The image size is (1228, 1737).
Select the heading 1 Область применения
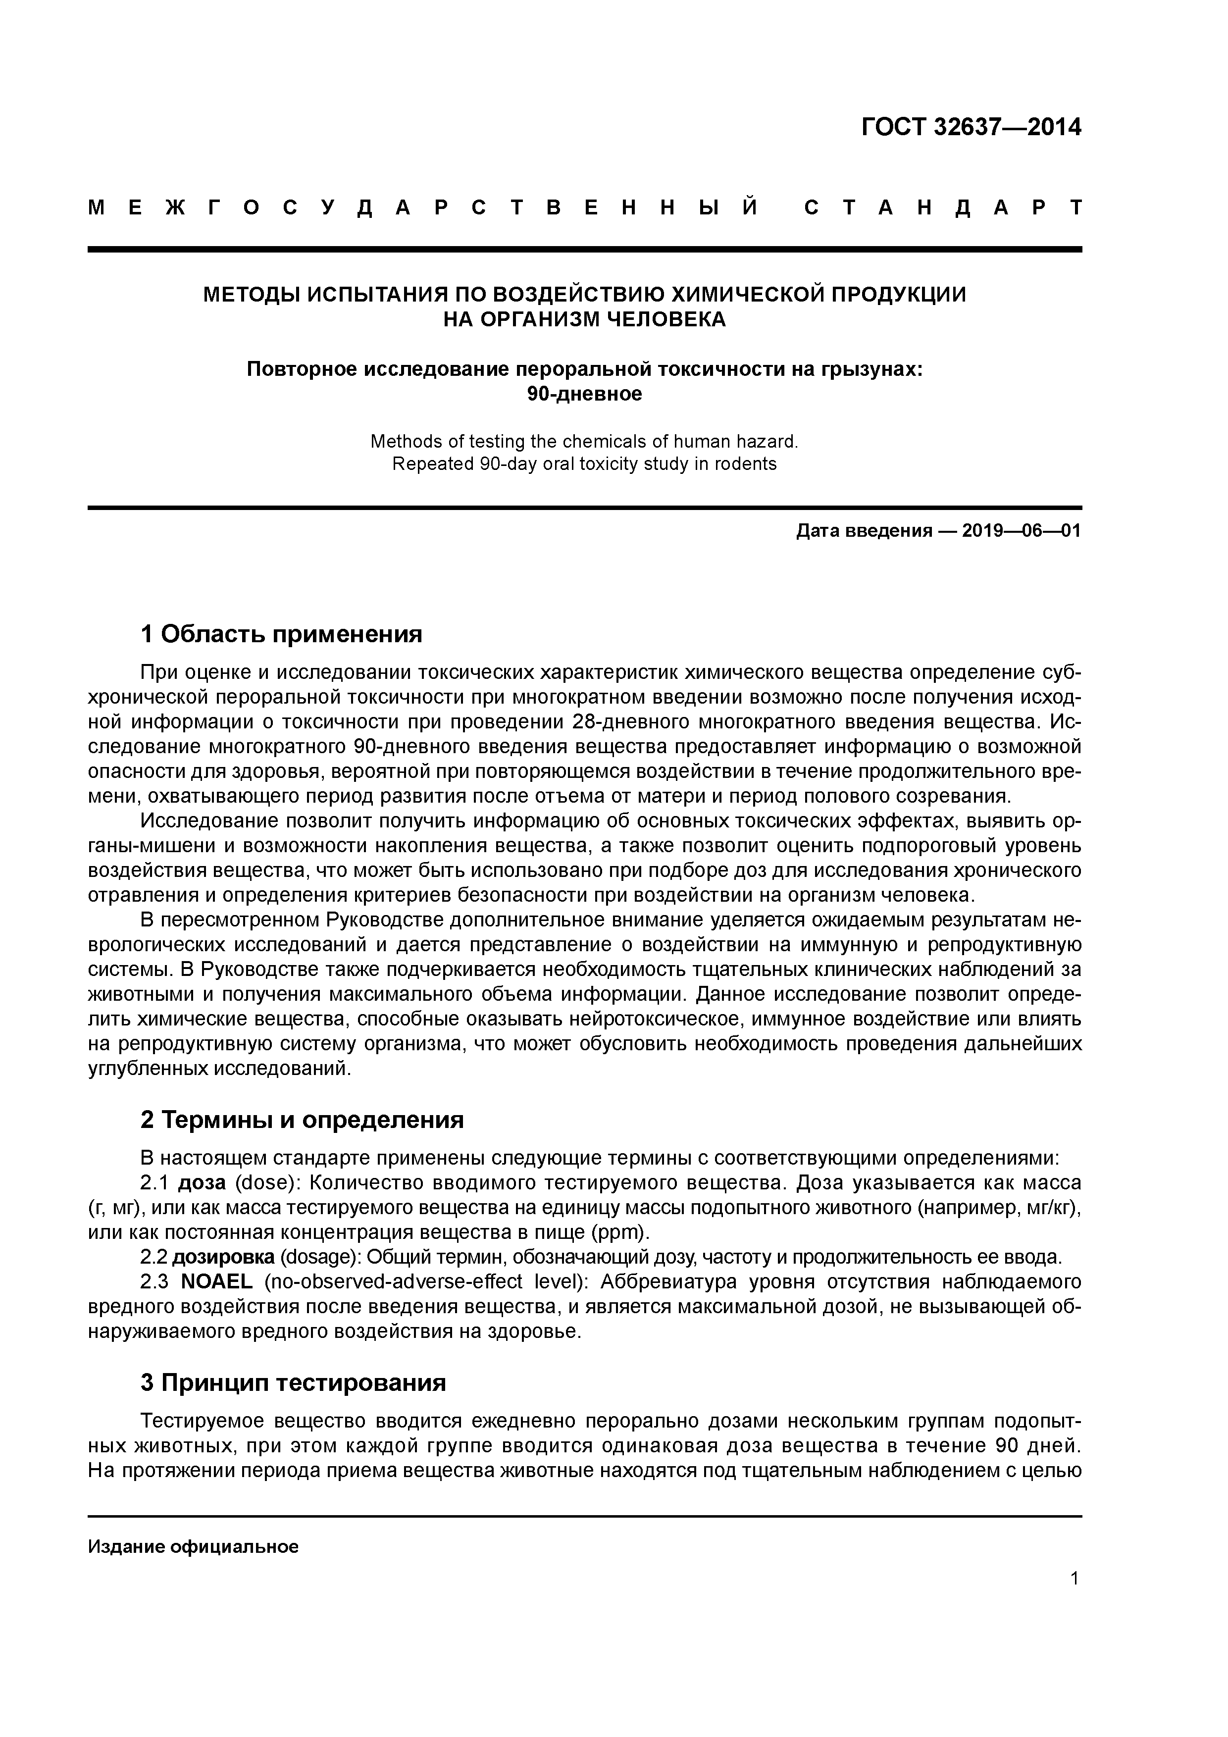(281, 634)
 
